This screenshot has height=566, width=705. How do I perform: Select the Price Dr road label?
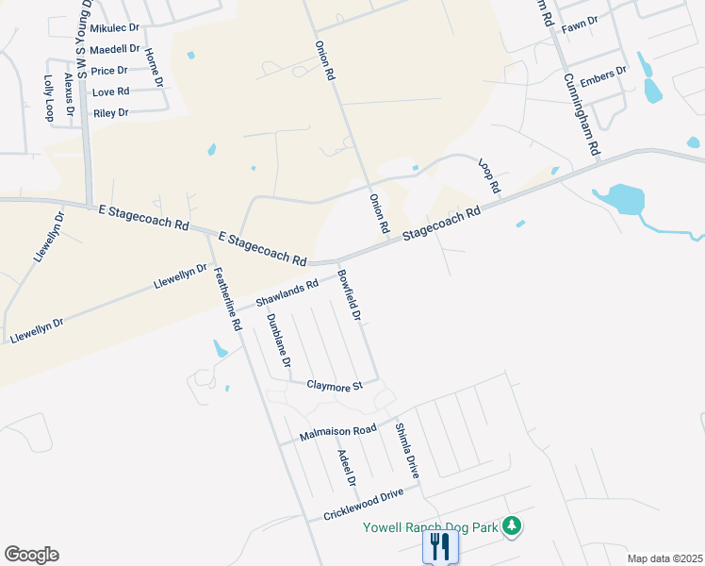(x=109, y=71)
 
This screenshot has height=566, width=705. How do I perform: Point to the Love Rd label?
(x=110, y=92)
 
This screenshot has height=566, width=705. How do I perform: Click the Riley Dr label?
(x=110, y=113)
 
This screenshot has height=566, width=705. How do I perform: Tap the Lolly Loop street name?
(x=49, y=98)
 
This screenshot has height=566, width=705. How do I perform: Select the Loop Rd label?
(x=489, y=176)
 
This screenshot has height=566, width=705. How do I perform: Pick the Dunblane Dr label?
(x=278, y=341)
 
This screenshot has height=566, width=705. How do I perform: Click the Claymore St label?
(x=335, y=386)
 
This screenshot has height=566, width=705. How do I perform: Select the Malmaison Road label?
(x=337, y=433)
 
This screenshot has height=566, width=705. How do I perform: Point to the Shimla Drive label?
(x=405, y=447)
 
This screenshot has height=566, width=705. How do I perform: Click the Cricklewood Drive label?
(x=369, y=503)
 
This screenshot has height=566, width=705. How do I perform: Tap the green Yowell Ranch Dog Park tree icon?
(x=512, y=524)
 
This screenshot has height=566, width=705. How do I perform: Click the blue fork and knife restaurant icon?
(x=440, y=545)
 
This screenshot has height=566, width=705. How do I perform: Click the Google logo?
(x=31, y=555)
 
